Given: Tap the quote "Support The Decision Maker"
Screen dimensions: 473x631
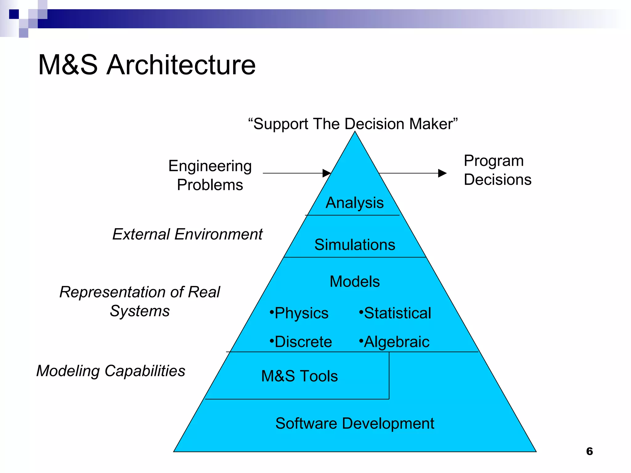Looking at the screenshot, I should [353, 124].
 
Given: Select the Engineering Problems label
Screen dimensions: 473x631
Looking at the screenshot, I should [210, 175].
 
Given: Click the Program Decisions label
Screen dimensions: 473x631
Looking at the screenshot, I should [497, 170].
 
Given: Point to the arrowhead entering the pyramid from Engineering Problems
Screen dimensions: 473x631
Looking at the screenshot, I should [327, 173].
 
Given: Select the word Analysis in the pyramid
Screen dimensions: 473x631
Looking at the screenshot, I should [355, 203].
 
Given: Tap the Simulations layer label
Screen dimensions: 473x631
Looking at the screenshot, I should [355, 245].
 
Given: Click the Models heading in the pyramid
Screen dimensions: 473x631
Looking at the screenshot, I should [355, 281].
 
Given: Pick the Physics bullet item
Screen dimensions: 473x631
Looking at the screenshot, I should [299, 313].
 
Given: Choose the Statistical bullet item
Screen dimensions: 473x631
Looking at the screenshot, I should [395, 313].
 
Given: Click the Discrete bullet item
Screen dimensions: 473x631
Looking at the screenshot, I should [301, 342].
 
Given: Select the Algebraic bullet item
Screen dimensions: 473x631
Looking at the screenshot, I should [394, 342].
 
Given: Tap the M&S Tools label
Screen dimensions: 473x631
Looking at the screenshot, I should [299, 376].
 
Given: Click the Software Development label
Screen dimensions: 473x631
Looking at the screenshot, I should [355, 423].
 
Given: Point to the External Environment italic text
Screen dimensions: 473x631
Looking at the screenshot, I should [187, 234].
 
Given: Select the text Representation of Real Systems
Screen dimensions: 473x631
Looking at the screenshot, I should [140, 301].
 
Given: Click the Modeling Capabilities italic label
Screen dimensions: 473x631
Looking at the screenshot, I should [111, 370].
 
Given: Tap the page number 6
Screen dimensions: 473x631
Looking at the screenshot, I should [589, 451].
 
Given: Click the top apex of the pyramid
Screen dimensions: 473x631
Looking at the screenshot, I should [355, 132].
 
